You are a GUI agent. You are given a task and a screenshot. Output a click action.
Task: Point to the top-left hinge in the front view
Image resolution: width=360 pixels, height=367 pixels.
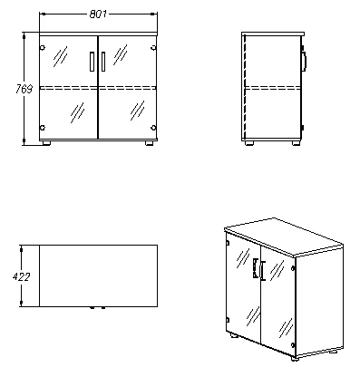pyautogui.click(x=44, y=48)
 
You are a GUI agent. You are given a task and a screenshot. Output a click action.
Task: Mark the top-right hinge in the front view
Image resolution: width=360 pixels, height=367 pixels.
pyautogui.click(x=152, y=48)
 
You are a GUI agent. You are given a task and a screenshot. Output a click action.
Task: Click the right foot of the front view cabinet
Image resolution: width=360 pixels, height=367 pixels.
pyautogui.click(x=148, y=142)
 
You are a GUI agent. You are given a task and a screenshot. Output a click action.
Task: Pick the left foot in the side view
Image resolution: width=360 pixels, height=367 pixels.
pyautogui.click(x=249, y=142)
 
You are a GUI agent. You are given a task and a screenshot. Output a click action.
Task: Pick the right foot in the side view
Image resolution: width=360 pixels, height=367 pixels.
pyautogui.click(x=294, y=142)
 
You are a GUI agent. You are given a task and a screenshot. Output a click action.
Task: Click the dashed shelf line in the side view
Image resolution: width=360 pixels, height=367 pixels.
pyautogui.click(x=271, y=88)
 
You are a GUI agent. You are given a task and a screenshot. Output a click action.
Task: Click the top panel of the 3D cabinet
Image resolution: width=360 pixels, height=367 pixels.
pyautogui.click(x=283, y=234)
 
